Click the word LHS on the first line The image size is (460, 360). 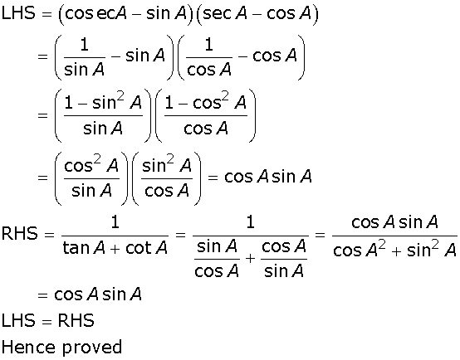pos(18,13)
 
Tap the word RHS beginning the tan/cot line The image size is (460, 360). pos(20,233)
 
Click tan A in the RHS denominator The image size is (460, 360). pos(84,248)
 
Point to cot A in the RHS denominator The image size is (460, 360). pos(146,248)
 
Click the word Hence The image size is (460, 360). pos(28,348)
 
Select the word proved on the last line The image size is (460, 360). pos(92,348)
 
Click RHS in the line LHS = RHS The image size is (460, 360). pos(76,320)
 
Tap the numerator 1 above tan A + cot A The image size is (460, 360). pos(115,222)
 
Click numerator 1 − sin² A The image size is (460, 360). pos(103,102)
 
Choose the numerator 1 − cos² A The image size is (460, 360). pos(205,102)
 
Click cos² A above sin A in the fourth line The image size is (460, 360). pos(91,165)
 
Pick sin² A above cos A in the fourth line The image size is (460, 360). pos(167,165)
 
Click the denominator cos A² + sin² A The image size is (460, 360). pos(394,250)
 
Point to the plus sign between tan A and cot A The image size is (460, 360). pos(115,249)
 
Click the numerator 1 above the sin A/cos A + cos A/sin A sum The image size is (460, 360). pos(250,222)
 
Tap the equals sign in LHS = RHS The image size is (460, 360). pos(46,321)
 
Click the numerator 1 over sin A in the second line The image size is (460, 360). pos(84,45)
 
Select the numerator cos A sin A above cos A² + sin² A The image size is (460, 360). pos(394,222)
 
